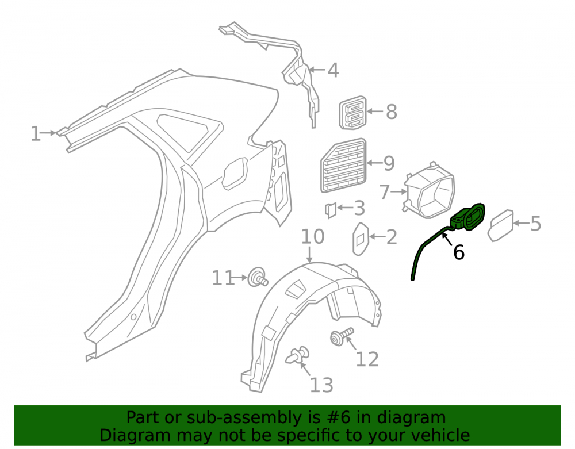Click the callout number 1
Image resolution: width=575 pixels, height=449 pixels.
pyautogui.click(x=35, y=134)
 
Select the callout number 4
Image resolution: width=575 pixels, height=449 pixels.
pyautogui.click(x=333, y=70)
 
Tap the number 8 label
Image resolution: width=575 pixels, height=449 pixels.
pyautogui.click(x=391, y=112)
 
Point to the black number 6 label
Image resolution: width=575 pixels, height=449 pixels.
pyautogui.click(x=459, y=252)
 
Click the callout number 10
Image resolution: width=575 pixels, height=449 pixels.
pyautogui.click(x=312, y=237)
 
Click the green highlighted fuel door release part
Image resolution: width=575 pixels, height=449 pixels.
pyautogui.click(x=448, y=238)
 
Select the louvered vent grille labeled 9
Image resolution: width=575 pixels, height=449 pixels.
pyautogui.click(x=344, y=166)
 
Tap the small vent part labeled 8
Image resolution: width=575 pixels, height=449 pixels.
pyautogui.click(x=352, y=113)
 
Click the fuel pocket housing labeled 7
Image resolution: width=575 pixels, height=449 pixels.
pyautogui.click(x=430, y=191)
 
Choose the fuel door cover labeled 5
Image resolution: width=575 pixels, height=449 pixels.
pyautogui.click(x=500, y=225)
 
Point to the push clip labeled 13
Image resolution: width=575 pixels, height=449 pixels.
pyautogui.click(x=297, y=355)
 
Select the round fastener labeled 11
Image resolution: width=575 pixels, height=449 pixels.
pyautogui.click(x=258, y=278)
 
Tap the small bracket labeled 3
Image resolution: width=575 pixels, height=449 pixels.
pyautogui.click(x=331, y=210)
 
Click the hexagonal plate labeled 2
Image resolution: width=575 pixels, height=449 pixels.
pyautogui.click(x=361, y=239)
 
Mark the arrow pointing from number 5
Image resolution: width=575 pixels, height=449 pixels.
pyautogui.click(x=521, y=223)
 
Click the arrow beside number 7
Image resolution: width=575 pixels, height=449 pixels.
pyautogui.click(x=398, y=191)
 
